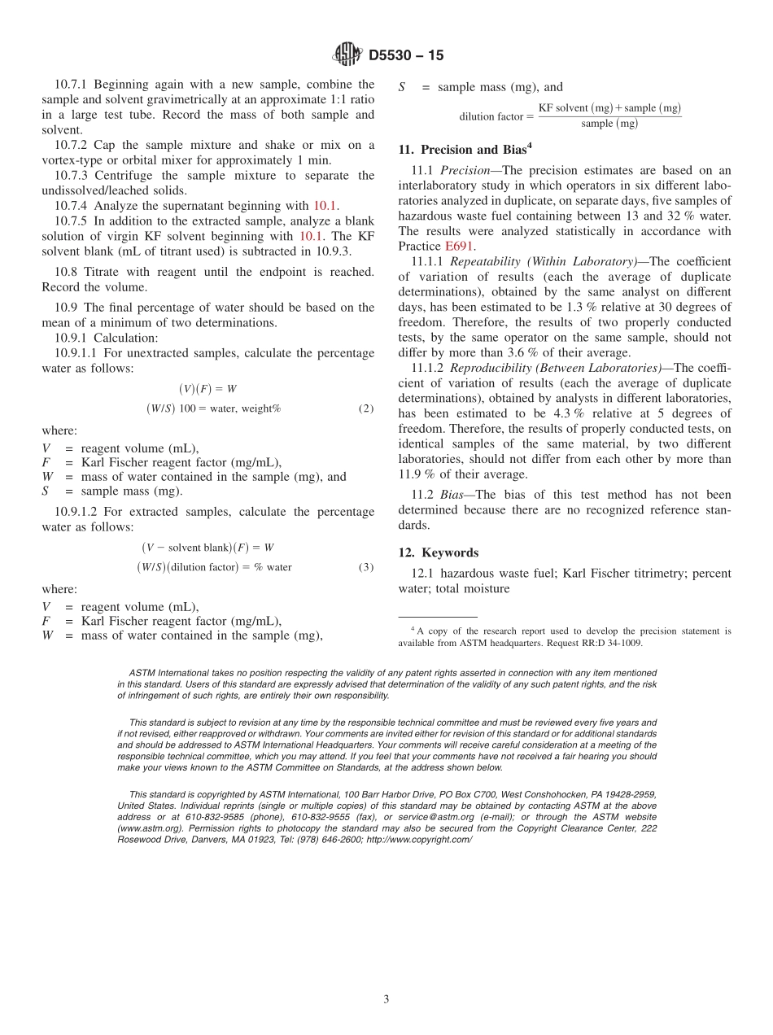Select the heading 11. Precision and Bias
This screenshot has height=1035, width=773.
coord(464,150)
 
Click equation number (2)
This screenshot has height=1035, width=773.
coord(366,408)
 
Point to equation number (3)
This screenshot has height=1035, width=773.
coord(366,567)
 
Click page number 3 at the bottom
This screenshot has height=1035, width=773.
coord(386,999)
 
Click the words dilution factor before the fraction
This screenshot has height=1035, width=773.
coord(489,116)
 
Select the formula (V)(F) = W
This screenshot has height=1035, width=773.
coord(207,389)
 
